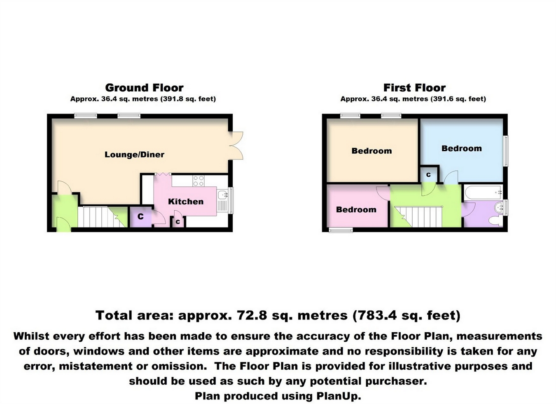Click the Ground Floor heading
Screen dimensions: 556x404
(x=144, y=88)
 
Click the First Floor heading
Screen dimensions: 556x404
(x=414, y=88)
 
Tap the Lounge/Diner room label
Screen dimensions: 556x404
(x=134, y=155)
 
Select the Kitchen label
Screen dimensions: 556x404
(x=186, y=201)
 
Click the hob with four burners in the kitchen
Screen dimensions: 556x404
(x=199, y=181)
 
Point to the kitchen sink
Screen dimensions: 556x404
(x=223, y=195)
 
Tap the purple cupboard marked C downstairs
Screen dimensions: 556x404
(x=141, y=217)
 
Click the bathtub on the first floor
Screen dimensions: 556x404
(x=483, y=192)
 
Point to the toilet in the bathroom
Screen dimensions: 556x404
(x=495, y=221)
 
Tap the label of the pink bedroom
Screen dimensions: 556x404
(x=356, y=209)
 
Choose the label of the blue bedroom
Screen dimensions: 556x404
(x=462, y=148)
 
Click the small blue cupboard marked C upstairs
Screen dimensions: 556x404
(x=428, y=175)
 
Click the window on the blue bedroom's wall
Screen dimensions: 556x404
(x=506, y=151)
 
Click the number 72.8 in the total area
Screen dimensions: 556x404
(x=252, y=315)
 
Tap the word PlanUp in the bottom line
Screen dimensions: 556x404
(x=338, y=396)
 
